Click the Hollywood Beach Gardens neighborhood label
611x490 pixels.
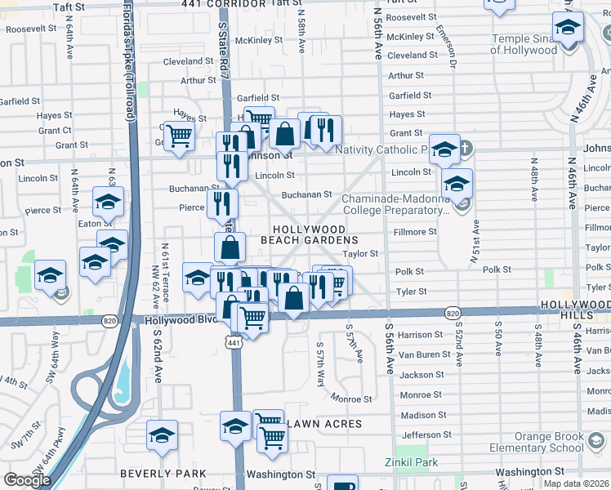pyautogui.click(x=309, y=235)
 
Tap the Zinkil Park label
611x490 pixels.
pyautogui.click(x=411, y=462)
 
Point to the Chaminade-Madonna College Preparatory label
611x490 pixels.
pyautogui.click(x=395, y=204)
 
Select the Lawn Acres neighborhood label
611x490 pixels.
pyautogui.click(x=323, y=424)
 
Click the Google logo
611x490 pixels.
pyautogui.click(x=27, y=480)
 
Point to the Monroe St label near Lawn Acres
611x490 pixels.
pyautogui.click(x=351, y=399)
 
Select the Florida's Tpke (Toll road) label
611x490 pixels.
pyautogui.click(x=129, y=61)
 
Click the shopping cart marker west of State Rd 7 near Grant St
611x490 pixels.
pyautogui.click(x=178, y=134)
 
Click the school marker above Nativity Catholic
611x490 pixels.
pyautogui.click(x=444, y=148)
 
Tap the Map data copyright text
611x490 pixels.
pyautogui.click(x=576, y=483)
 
